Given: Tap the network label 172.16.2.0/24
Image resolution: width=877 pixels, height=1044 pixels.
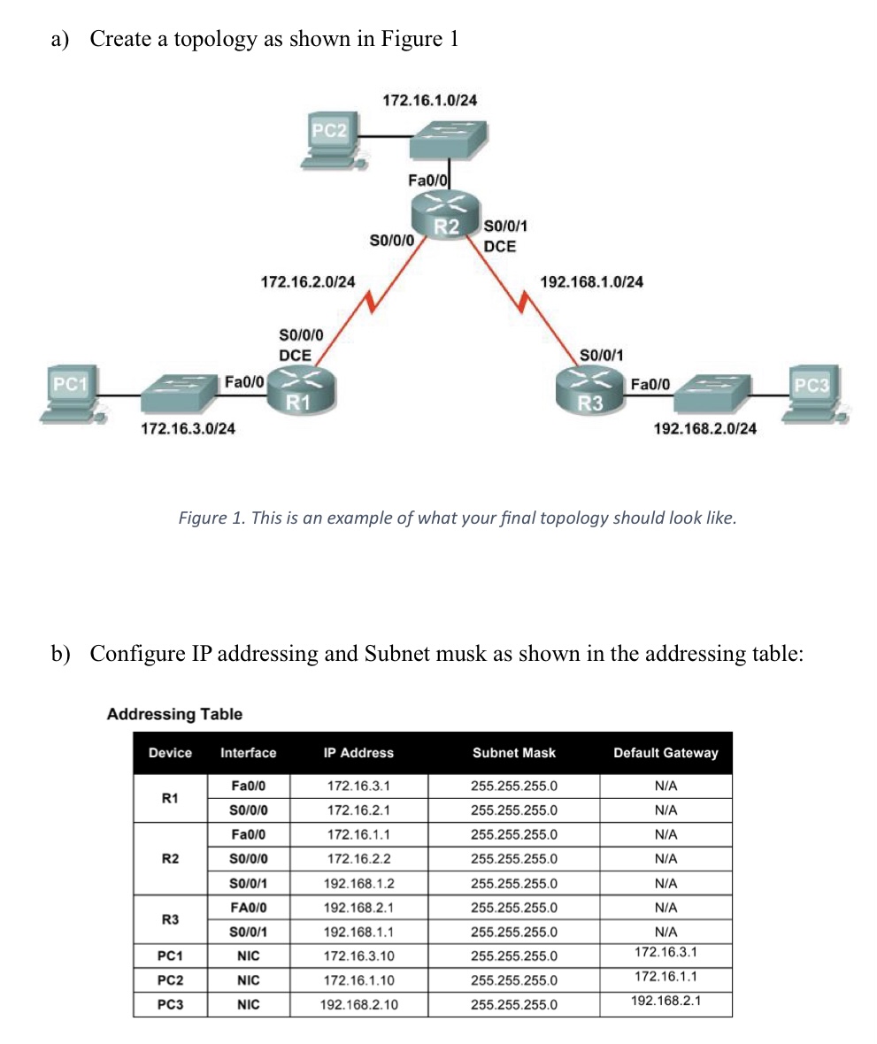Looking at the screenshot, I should click(x=308, y=282).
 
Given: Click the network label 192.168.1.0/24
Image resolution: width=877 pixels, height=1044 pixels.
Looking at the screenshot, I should click(x=591, y=282).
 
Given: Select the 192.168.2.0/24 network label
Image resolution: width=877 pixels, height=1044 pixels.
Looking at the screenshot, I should click(x=704, y=429).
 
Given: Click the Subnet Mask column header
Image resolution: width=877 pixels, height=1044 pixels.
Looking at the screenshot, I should click(x=513, y=753).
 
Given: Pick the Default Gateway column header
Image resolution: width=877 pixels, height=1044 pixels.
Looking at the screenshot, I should click(x=665, y=753).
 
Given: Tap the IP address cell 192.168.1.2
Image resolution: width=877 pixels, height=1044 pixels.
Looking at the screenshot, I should click(x=358, y=884).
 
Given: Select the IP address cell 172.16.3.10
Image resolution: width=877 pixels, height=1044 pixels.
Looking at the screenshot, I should click(x=358, y=956).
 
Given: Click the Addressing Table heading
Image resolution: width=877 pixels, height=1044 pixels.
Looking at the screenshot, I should click(x=174, y=714).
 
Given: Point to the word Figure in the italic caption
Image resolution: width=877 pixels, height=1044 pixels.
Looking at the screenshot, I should click(x=203, y=518).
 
